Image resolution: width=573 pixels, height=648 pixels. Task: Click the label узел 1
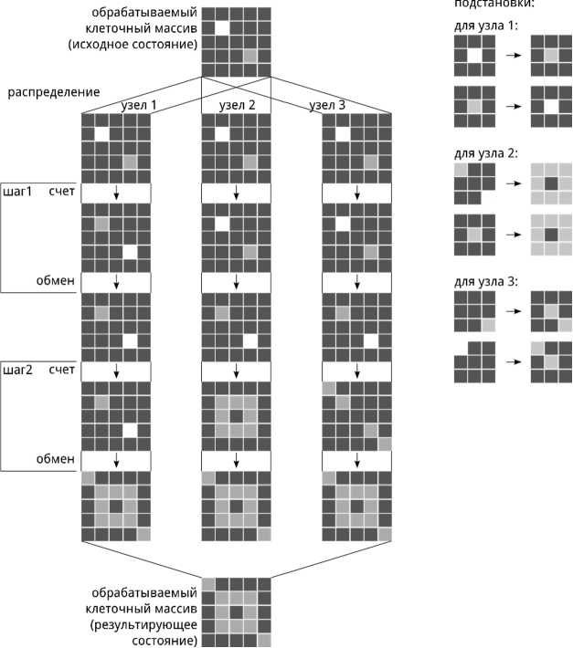(x=139, y=106)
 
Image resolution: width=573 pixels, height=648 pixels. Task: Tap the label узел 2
(x=237, y=106)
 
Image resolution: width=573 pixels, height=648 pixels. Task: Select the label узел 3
(x=328, y=106)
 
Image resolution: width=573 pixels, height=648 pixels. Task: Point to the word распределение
(x=53, y=92)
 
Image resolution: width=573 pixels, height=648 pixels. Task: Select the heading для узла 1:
(x=485, y=25)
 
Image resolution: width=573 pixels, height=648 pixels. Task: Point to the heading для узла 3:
(x=486, y=281)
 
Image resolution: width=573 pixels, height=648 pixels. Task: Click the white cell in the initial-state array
(x=222, y=28)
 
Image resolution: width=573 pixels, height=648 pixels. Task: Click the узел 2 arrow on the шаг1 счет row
(x=237, y=193)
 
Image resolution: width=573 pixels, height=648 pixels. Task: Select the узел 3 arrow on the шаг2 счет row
(x=356, y=371)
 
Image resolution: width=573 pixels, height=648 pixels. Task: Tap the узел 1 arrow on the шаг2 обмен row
(x=117, y=458)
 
